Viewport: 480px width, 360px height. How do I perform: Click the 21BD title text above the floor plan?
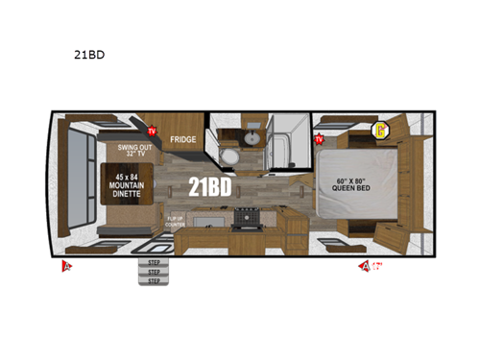click(x=89, y=55)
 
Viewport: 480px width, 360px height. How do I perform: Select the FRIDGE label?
click(x=183, y=139)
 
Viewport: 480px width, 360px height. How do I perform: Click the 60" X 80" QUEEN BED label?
click(x=356, y=183)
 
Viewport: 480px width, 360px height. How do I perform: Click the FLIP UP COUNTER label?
click(x=176, y=220)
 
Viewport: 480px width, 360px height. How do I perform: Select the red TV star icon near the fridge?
click(x=151, y=129)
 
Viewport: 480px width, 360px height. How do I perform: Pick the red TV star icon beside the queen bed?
click(x=319, y=139)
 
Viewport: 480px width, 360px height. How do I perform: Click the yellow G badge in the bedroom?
click(x=380, y=129)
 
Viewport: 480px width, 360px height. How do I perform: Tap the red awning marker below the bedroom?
click(x=364, y=264)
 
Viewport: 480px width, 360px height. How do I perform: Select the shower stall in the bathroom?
click(x=287, y=139)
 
